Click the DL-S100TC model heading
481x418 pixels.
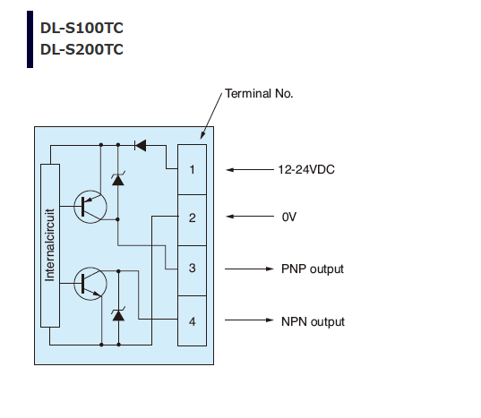coord(82,28)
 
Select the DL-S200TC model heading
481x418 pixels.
coord(82,49)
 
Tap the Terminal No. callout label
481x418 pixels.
coord(259,93)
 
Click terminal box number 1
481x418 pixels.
coord(192,169)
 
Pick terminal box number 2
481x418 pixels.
coord(192,220)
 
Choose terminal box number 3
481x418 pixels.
coord(192,270)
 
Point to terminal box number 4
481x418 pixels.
coord(192,320)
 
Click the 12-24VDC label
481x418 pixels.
coord(306,169)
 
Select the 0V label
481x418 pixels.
coord(289,217)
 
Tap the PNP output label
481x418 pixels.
coord(313,269)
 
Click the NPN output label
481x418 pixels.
coord(313,321)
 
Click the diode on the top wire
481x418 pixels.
coord(141,145)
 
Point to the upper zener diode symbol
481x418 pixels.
coord(118,179)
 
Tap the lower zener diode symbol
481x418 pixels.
coord(118,314)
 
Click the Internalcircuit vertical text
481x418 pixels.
coord(49,245)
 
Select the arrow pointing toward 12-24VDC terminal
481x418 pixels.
coord(250,169)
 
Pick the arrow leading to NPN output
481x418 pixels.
coord(249,320)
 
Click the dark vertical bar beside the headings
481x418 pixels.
coord(30,39)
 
